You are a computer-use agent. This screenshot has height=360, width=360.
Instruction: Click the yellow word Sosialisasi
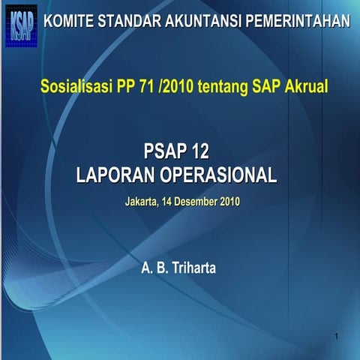coord(75,87)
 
